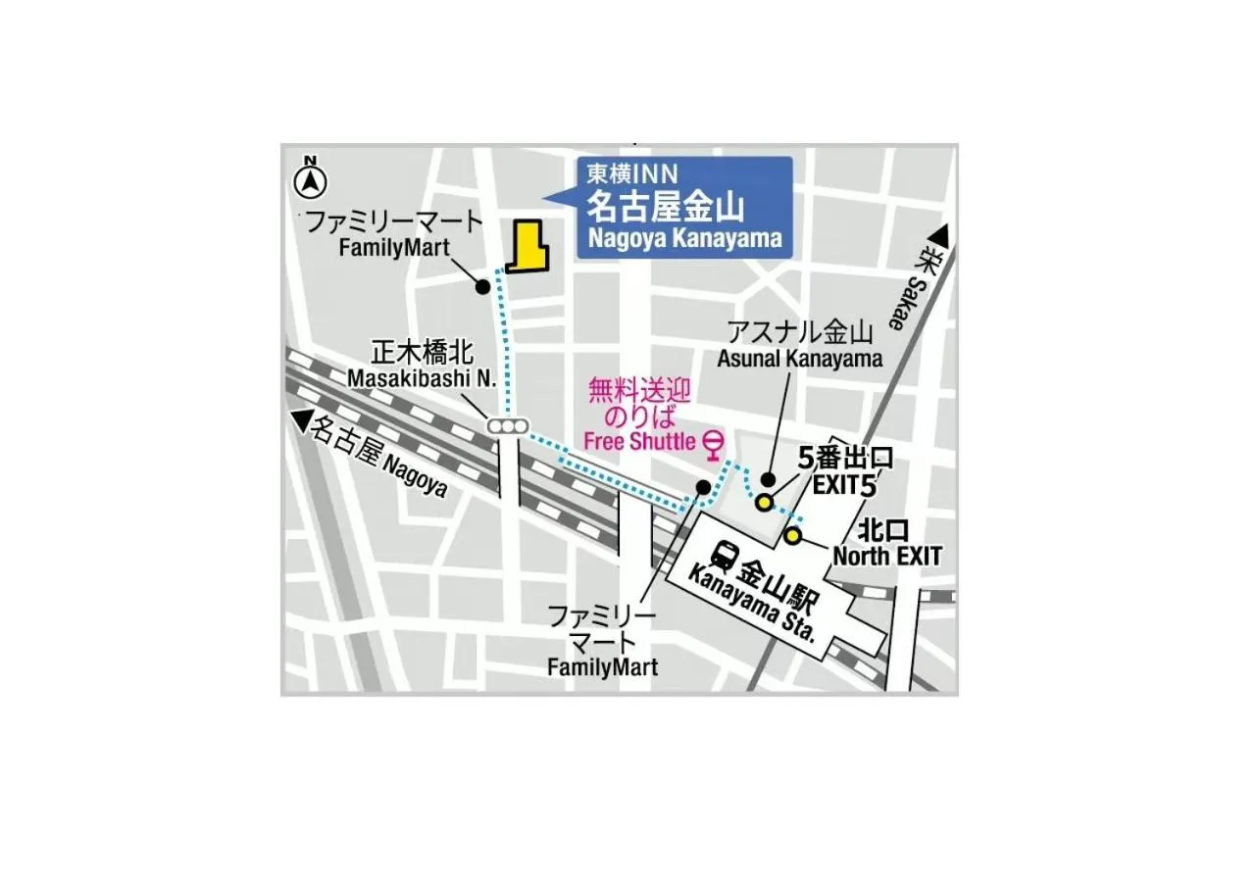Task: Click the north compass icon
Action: click(x=311, y=179)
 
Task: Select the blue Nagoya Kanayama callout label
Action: click(x=684, y=208)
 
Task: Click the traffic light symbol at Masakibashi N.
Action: click(x=508, y=426)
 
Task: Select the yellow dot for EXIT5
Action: click(x=763, y=502)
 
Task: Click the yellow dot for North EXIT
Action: click(x=792, y=535)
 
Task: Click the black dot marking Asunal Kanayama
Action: click(x=769, y=480)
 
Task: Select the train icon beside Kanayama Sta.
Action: click(x=725, y=557)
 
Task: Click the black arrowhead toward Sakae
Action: click(x=939, y=237)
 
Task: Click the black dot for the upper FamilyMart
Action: click(x=482, y=286)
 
